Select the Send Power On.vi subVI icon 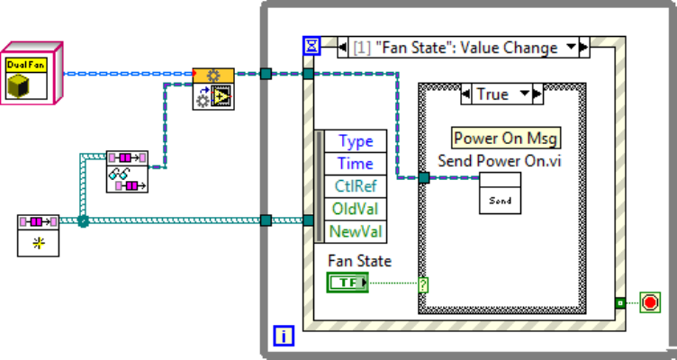[499, 193]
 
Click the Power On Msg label [506, 138]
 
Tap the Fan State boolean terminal [348, 283]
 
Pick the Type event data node [356, 141]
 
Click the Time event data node [356, 164]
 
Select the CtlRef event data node [356, 186]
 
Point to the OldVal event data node [356, 209]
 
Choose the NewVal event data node [356, 231]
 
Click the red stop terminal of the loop [650, 302]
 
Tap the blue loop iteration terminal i [283, 337]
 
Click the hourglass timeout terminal [311, 46]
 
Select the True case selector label [492, 94]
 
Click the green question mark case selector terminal [423, 283]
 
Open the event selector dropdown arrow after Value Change [570, 47]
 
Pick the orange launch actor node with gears [213, 87]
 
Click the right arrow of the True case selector [537, 94]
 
